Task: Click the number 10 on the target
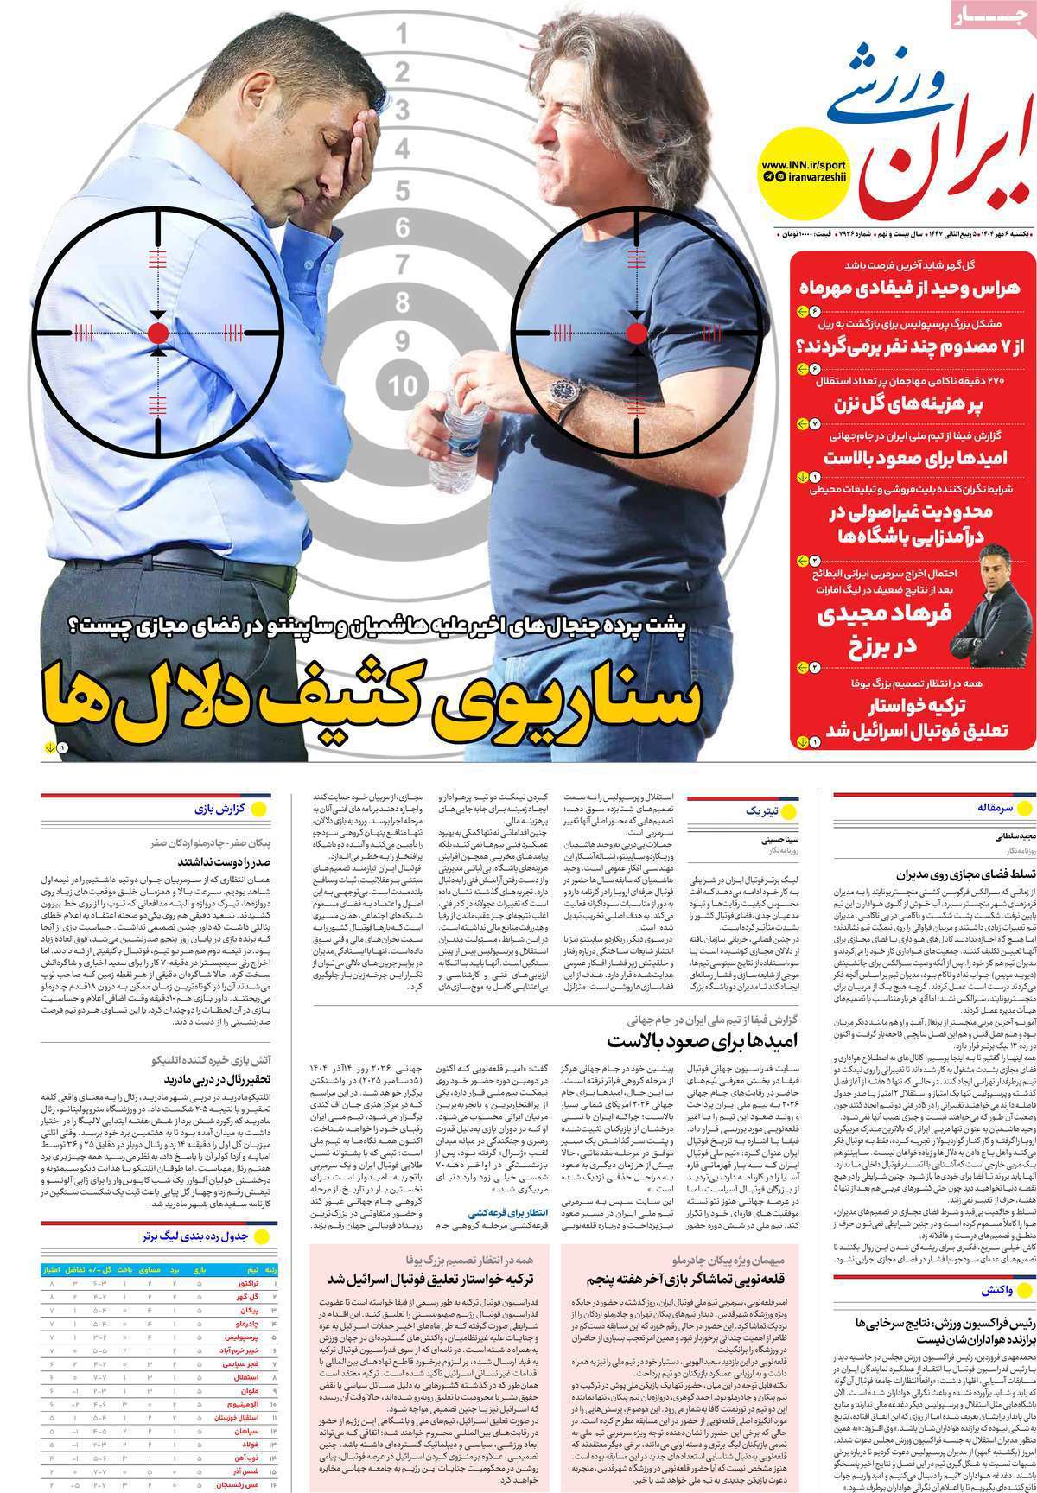point(403,385)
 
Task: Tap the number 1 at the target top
point(402,35)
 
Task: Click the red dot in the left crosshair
point(158,334)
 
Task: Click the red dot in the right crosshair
point(636,334)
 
